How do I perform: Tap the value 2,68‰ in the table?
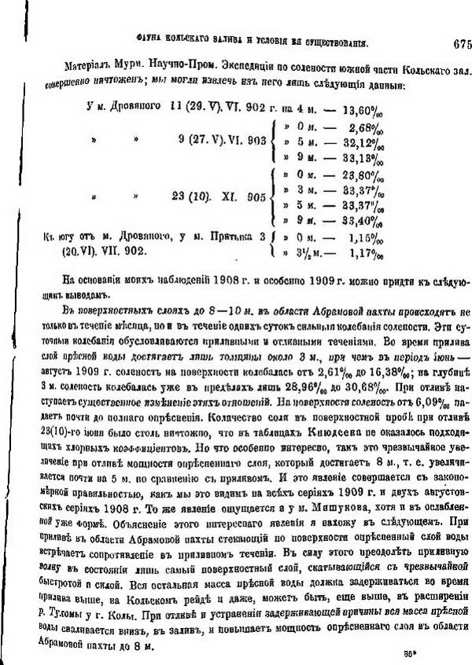click(370, 127)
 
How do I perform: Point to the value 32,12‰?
click(367, 141)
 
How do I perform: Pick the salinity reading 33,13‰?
click(367, 156)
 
